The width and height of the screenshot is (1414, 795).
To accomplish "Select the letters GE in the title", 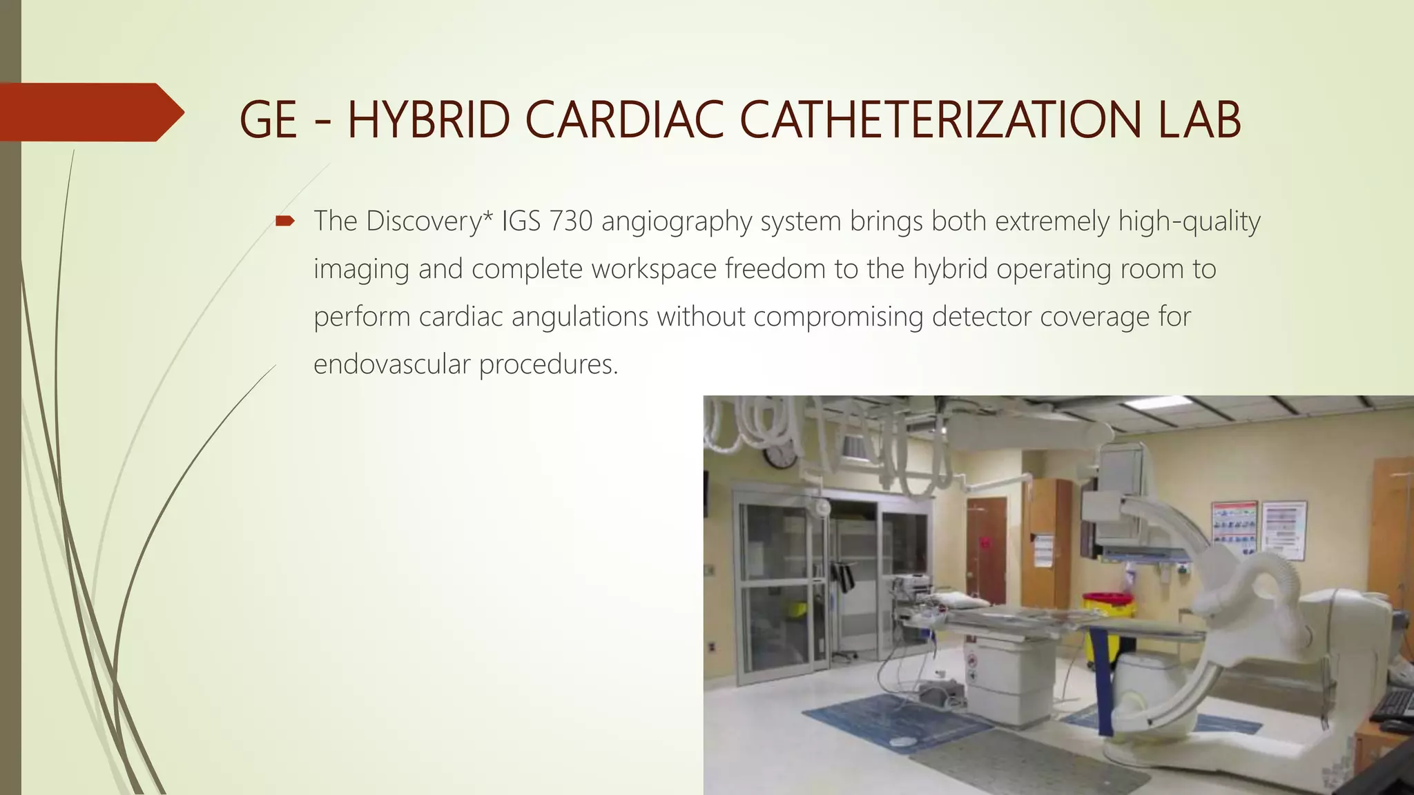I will (x=268, y=120).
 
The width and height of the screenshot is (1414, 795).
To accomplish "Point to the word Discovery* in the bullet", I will (x=423, y=222).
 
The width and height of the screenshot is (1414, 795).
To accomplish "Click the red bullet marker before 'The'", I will (x=284, y=222).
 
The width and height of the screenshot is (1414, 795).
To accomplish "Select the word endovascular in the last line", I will (x=391, y=364).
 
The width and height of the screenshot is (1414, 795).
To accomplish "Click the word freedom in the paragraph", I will (x=775, y=269).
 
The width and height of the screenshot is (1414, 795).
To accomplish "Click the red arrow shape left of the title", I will (x=90, y=112).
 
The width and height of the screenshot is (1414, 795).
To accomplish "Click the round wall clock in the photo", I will (x=780, y=456).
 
